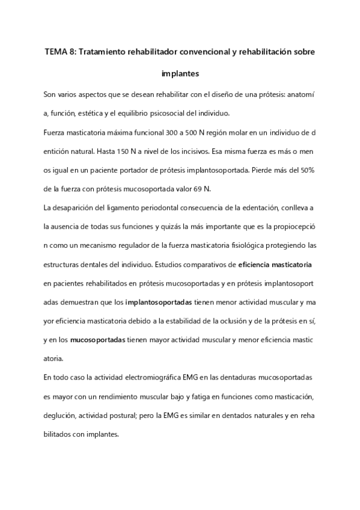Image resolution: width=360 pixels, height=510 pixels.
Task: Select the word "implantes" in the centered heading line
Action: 180,75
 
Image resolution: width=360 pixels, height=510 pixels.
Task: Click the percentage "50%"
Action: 307,171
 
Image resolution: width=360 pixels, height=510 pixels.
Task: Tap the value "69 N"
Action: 206,189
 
